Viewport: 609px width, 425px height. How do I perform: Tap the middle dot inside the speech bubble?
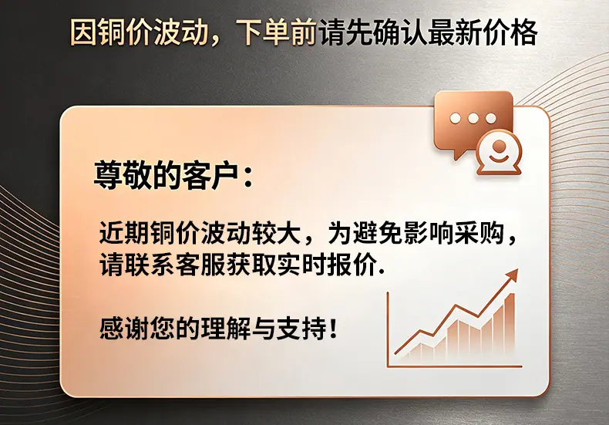point(473,118)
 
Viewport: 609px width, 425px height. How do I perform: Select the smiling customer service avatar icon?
point(499,153)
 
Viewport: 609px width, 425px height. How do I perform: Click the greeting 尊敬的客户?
point(166,176)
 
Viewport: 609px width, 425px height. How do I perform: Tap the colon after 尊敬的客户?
point(248,177)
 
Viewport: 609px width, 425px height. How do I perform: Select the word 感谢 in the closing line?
point(125,329)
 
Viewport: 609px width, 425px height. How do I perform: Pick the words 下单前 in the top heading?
point(277,32)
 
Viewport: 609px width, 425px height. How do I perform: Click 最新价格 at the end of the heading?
point(484,32)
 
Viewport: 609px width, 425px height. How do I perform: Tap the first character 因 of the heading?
point(83,32)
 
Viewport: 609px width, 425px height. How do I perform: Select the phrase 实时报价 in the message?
point(328,265)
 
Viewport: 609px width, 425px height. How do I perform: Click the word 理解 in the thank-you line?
point(226,329)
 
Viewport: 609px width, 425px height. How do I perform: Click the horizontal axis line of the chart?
point(455,366)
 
